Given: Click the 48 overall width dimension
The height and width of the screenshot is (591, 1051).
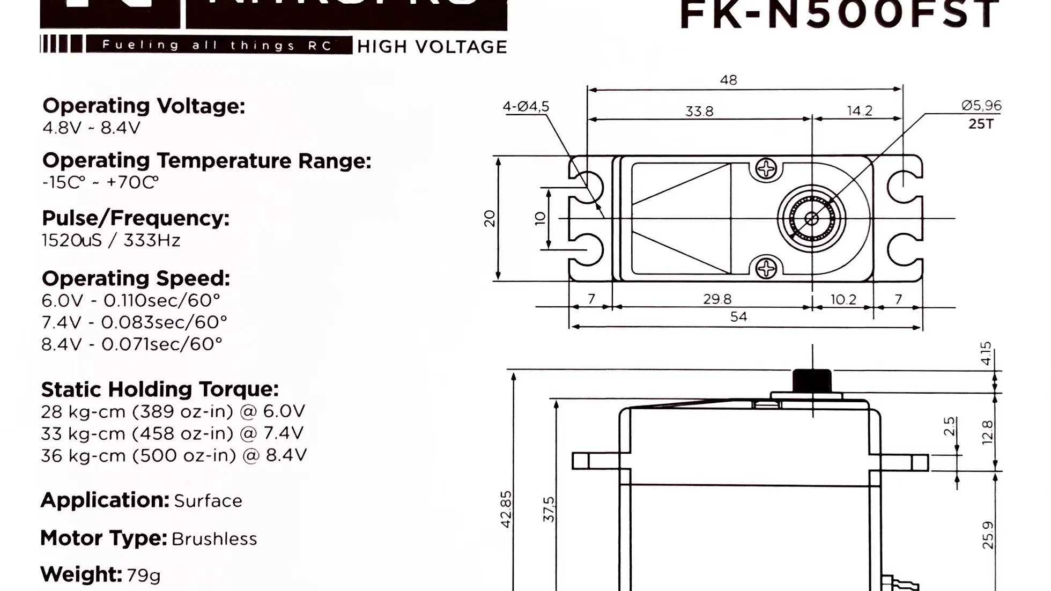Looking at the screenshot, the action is coord(728,80).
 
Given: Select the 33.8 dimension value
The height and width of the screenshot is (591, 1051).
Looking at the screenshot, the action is coord(699,111).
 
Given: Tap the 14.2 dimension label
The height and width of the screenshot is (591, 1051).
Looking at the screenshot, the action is coord(860,110).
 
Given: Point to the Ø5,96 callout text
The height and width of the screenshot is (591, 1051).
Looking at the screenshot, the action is coord(981,106).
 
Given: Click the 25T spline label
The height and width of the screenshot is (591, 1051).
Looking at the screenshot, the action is coord(981,124).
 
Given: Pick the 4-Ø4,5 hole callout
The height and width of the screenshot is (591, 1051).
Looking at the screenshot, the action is coord(525,107).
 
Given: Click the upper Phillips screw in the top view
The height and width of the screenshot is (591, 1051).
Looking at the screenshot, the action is coord(766,169).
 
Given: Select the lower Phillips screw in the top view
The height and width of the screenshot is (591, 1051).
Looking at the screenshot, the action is coord(766,268).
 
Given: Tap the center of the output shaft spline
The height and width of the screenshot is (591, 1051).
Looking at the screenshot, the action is coord(812,218).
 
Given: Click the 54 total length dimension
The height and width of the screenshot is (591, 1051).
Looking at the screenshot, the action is coord(738,317).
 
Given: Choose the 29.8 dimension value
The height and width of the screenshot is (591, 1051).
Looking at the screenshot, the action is coord(717,299).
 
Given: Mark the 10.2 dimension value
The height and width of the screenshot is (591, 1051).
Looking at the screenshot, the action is coord(843,299).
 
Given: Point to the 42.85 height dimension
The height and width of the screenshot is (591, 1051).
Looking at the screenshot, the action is coord(506,509).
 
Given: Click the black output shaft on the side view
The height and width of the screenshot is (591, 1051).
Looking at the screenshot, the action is coord(812,381).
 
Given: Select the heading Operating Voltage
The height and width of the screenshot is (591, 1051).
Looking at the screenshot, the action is coord(144,106).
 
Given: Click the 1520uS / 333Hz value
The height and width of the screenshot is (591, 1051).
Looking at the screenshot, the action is coord(111,240).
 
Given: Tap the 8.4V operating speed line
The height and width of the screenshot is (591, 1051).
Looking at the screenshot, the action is coord(131,344).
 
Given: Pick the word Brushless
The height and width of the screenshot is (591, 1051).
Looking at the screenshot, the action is coord(214,538).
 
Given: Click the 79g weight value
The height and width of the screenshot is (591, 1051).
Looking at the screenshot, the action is coord(144,575).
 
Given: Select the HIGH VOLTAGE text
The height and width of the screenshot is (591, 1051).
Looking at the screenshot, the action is coord(432,47).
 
